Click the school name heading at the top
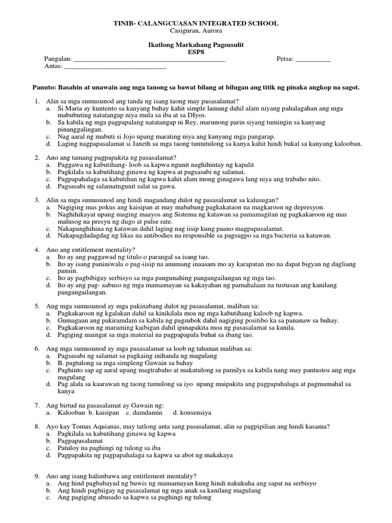pos(195,23)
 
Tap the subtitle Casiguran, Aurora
pos(195,31)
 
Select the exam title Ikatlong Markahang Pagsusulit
pos(195,45)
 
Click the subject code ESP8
pos(195,52)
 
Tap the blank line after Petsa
pos(313,60)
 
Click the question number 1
pos(37,101)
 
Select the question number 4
pos(37,250)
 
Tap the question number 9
pos(37,476)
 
